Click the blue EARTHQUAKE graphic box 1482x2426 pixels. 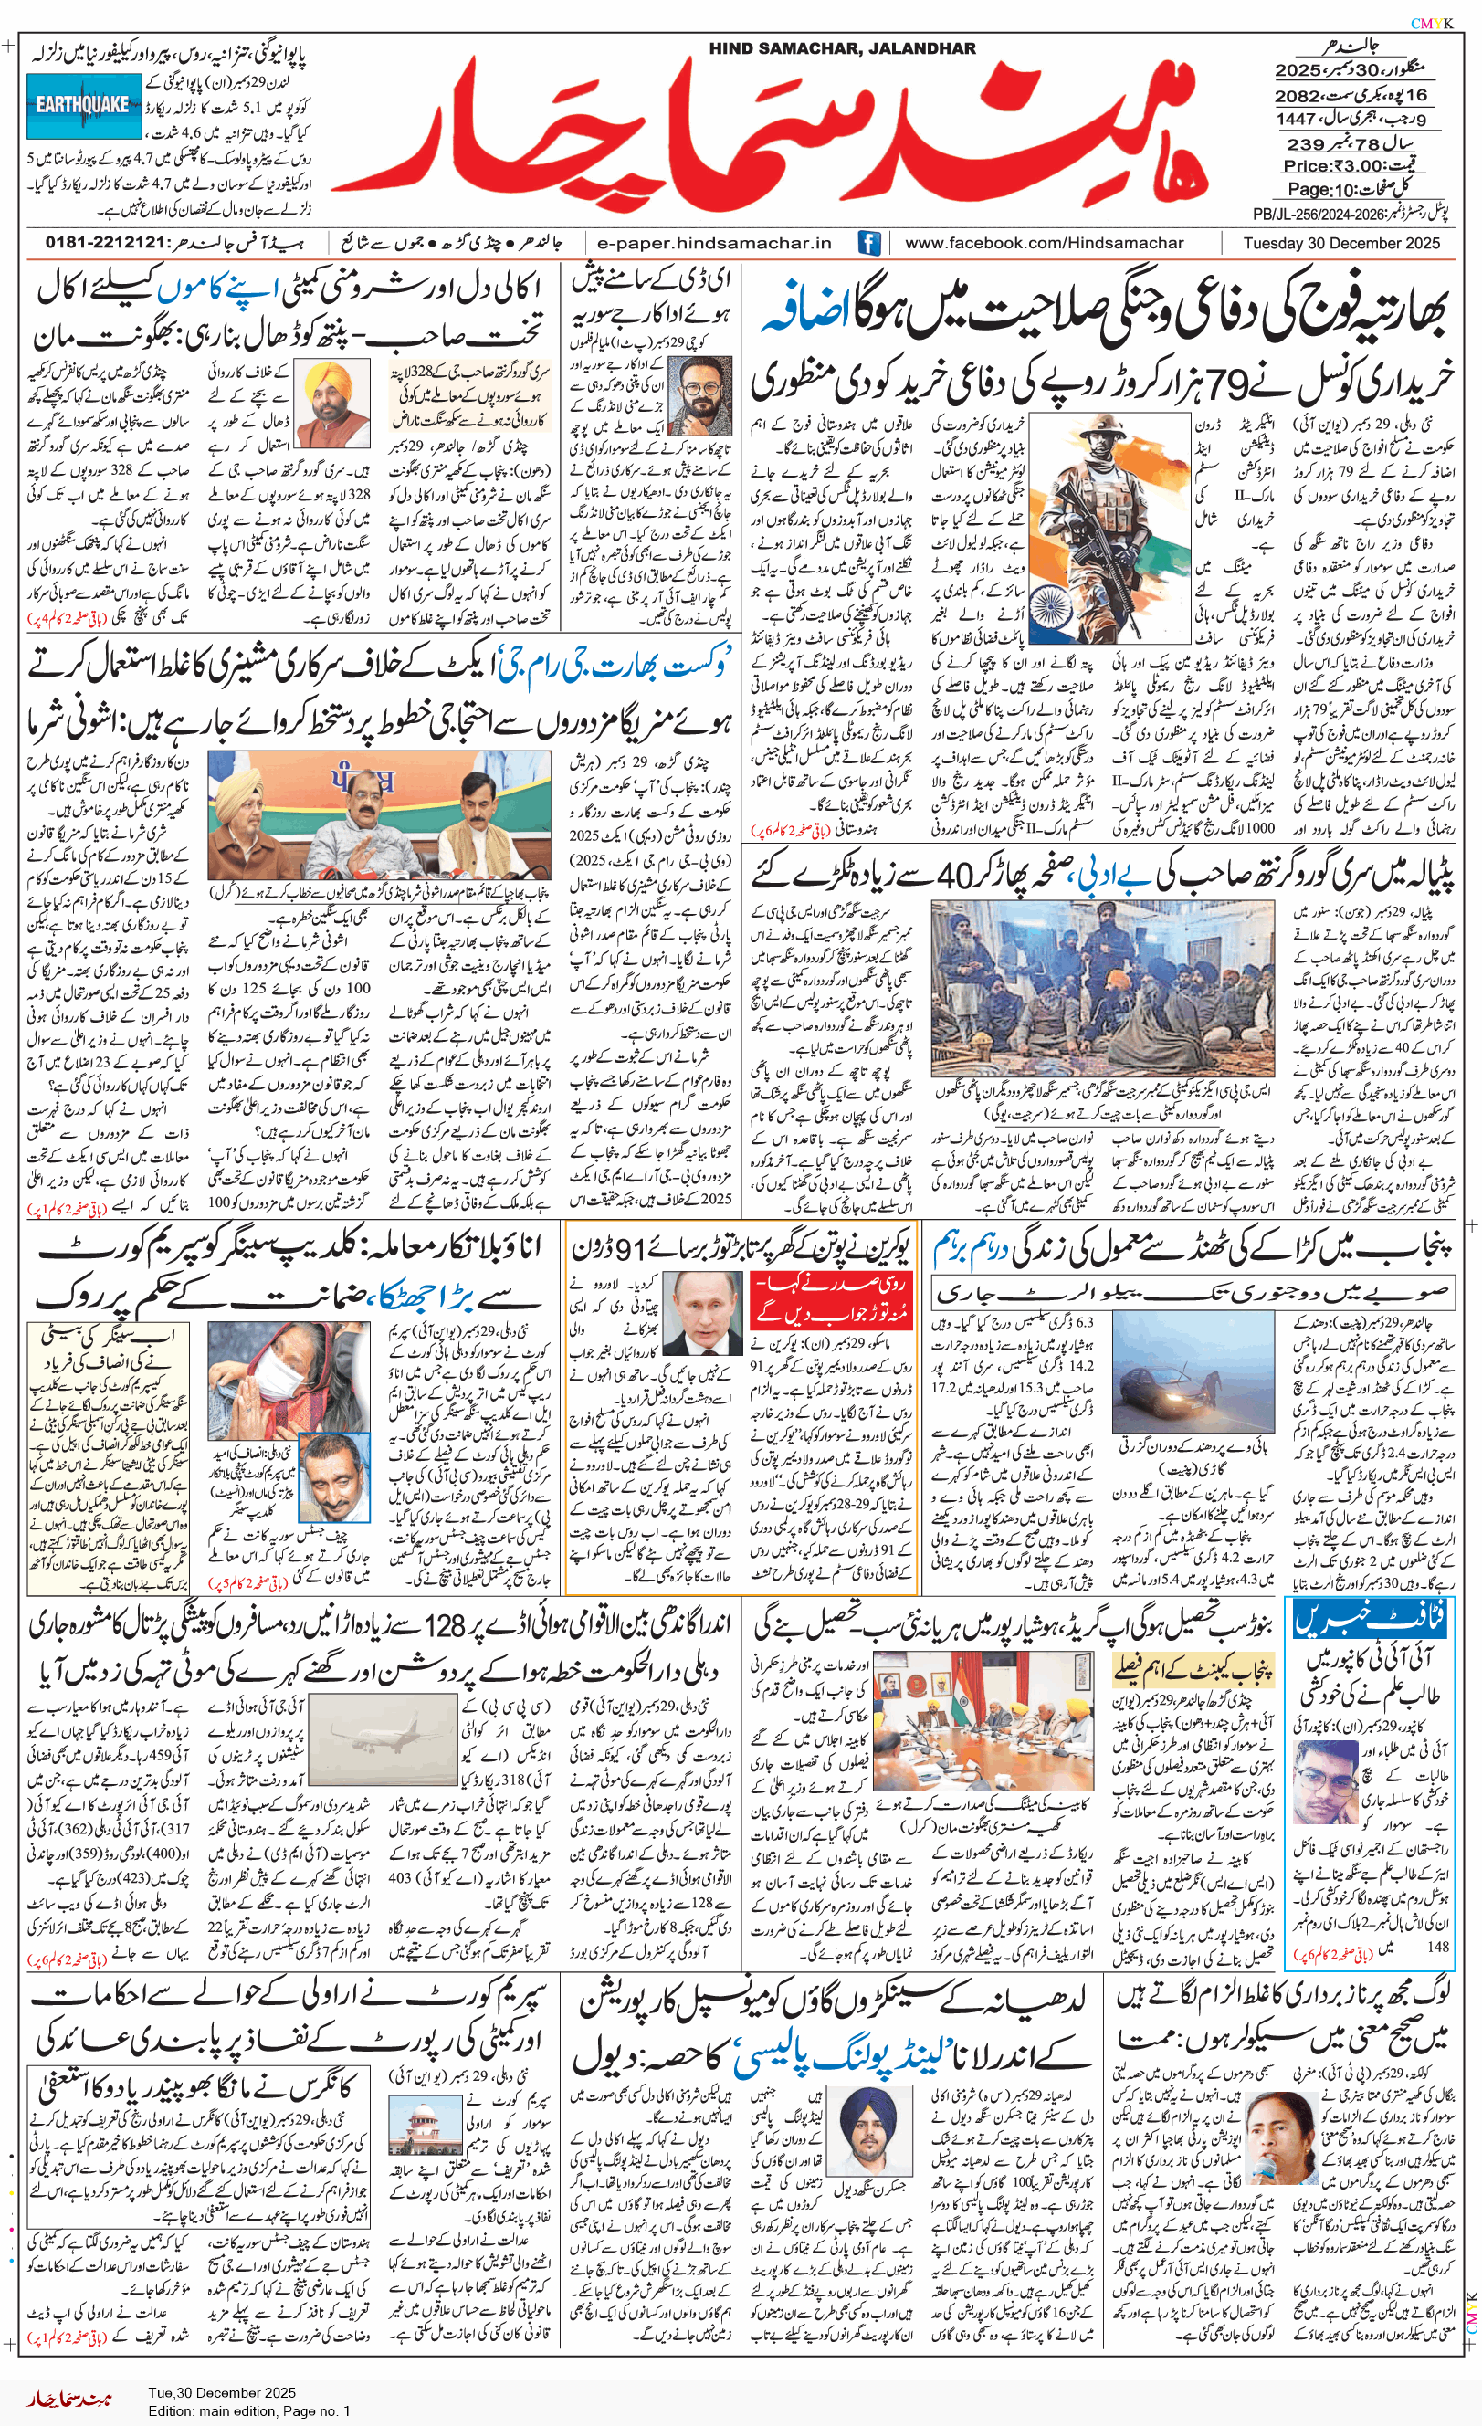[x=84, y=105]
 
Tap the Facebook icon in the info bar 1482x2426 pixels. [x=868, y=243]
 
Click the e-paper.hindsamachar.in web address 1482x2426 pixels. [x=715, y=243]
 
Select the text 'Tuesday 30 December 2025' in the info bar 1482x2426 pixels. [x=1340, y=243]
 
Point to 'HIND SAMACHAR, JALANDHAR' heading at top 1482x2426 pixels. [x=842, y=48]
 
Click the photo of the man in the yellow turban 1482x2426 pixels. [x=333, y=404]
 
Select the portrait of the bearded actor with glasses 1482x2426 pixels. [x=699, y=395]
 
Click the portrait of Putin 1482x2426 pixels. [x=702, y=1313]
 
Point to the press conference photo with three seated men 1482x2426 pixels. [x=379, y=816]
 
